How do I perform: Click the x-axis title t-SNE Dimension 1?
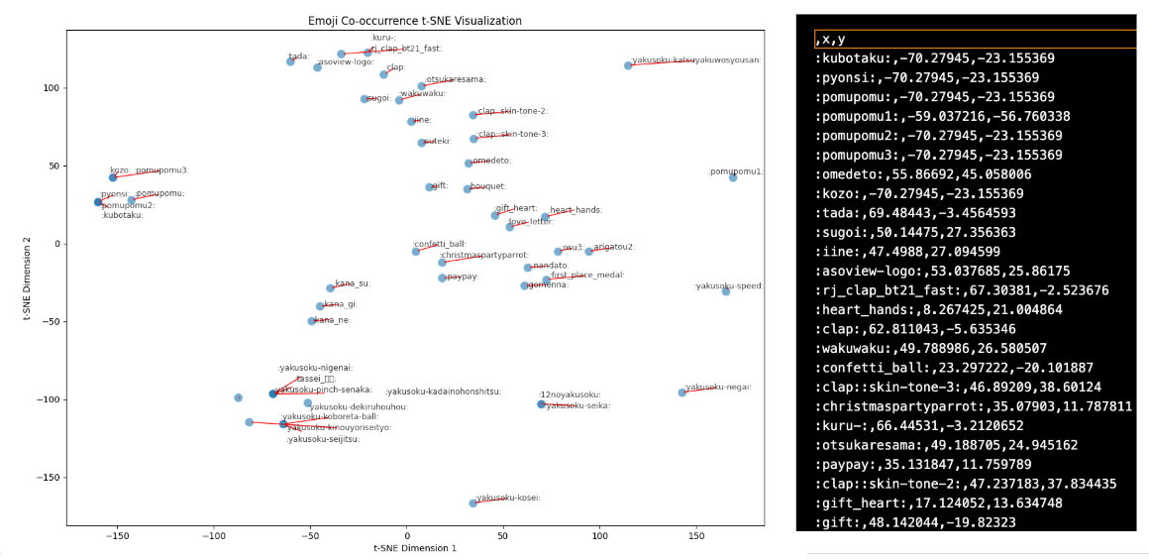click(415, 547)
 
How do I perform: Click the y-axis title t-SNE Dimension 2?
click(27, 277)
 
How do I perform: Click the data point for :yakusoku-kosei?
click(473, 503)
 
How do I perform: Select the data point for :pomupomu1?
click(733, 177)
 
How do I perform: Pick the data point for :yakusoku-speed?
click(726, 291)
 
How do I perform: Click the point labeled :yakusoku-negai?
click(682, 392)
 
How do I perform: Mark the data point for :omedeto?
click(469, 164)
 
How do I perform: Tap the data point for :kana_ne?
click(312, 321)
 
